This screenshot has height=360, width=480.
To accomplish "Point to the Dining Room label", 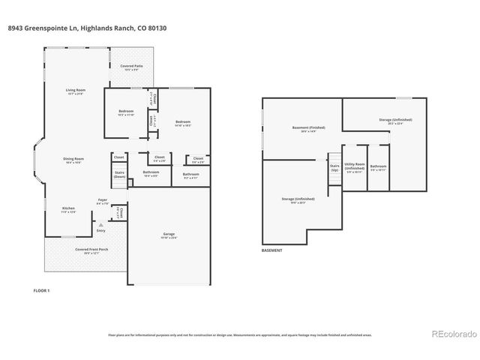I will (73, 160).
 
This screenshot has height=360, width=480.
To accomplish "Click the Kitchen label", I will (68, 209).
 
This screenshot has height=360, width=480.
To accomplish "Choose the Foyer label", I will (103, 201).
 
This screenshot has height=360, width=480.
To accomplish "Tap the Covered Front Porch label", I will (86, 250).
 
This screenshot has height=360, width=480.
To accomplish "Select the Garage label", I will (169, 235).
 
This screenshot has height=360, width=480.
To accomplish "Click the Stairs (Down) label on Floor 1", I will (119, 175).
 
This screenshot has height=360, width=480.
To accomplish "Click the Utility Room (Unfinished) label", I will (355, 167).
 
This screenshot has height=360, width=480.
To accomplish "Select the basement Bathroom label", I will (378, 167).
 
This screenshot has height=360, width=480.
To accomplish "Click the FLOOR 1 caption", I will (42, 289).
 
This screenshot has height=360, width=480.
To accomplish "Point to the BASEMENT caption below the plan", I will (272, 250).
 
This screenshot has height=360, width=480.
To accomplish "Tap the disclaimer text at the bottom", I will (240, 334).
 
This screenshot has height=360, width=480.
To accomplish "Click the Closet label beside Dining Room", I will (118, 157).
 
